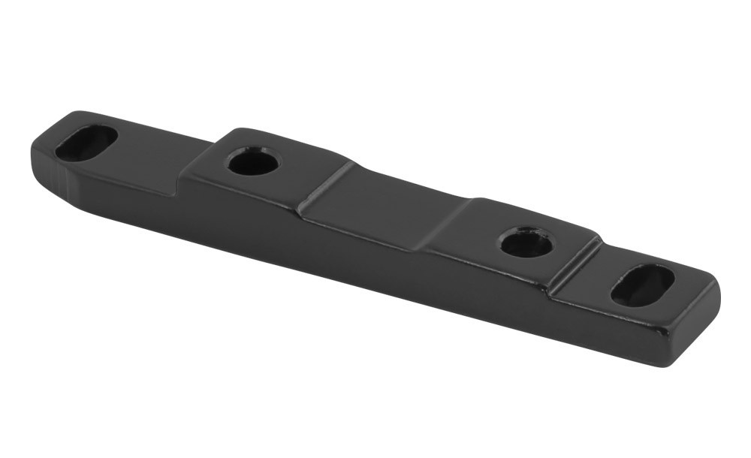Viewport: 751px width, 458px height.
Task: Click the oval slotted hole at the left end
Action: [x=86, y=143]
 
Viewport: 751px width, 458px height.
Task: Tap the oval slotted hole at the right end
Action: [x=642, y=285]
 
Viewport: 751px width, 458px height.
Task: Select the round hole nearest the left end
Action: [x=253, y=161]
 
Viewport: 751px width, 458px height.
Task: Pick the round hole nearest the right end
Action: [x=526, y=243]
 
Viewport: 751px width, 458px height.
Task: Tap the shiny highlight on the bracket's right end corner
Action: [x=713, y=289]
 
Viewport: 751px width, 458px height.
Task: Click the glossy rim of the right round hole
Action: [x=526, y=232]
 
